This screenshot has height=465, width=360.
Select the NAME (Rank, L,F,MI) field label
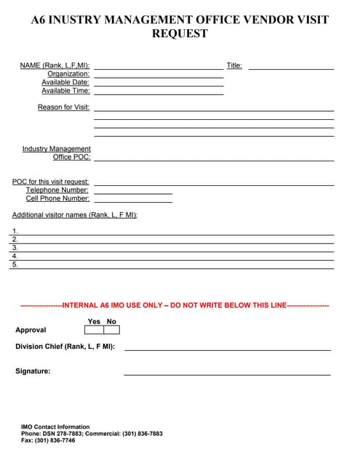(x=55, y=65)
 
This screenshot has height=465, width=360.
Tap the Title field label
(x=234, y=65)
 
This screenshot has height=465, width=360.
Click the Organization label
(x=68, y=74)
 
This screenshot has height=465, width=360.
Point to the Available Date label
(x=65, y=82)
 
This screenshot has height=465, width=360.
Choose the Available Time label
(x=65, y=91)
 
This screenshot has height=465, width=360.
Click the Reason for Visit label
(x=63, y=108)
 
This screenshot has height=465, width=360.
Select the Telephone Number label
(x=57, y=190)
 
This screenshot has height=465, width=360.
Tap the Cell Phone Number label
(x=57, y=198)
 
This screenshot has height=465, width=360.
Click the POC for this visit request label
(x=51, y=182)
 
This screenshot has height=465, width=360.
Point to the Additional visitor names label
(x=75, y=215)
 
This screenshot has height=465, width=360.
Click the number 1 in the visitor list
(x=15, y=231)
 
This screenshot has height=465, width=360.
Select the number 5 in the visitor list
(x=15, y=264)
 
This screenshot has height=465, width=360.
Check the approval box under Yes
(x=94, y=330)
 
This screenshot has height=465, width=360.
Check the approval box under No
(x=111, y=330)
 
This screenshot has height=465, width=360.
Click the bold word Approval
(x=31, y=330)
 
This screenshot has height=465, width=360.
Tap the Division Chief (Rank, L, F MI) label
(x=65, y=347)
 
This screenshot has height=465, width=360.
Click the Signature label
(x=33, y=371)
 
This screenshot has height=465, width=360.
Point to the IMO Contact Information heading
(x=55, y=427)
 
